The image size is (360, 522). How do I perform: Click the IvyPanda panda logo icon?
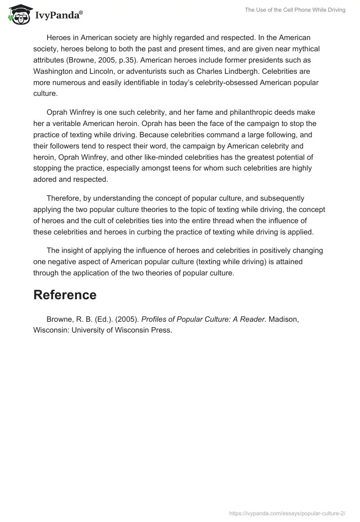19,15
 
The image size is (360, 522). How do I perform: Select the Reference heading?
65,295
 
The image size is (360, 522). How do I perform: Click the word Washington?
53,71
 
